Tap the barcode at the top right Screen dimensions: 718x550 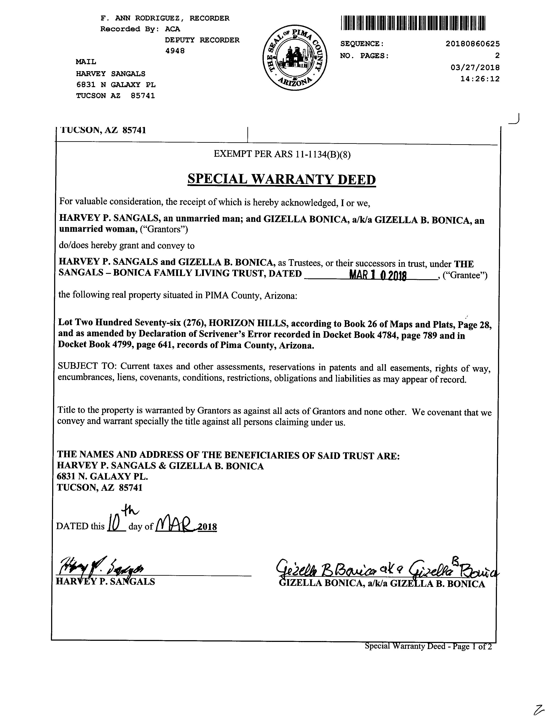click(413, 23)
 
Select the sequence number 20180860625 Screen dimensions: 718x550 click(472, 44)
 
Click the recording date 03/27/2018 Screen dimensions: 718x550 click(475, 67)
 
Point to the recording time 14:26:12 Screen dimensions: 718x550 click(480, 79)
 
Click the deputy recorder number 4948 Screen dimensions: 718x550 click(175, 51)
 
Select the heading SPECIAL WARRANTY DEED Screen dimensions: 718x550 click(281, 179)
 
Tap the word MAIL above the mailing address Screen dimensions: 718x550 click(86, 61)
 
